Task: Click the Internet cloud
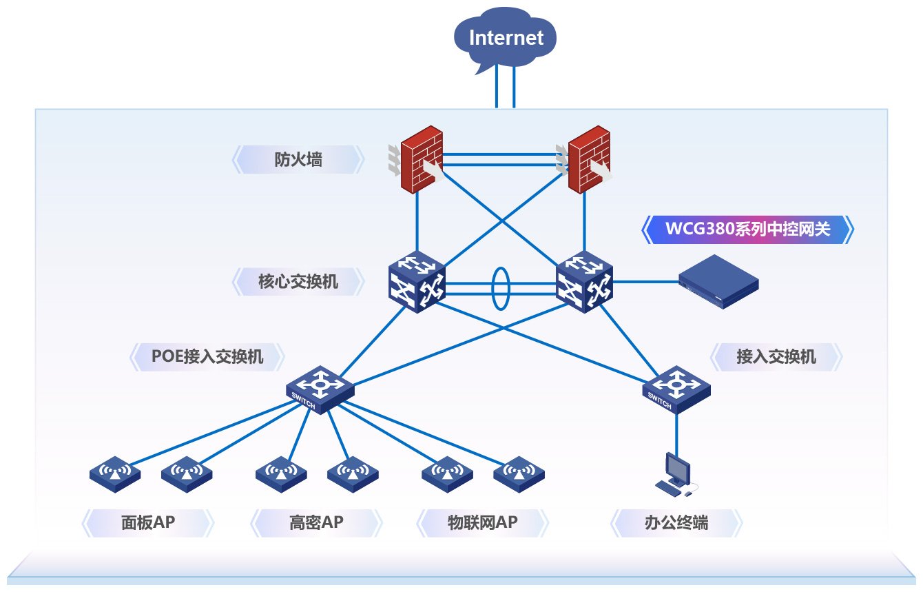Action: click(506, 37)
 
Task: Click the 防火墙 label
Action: click(298, 160)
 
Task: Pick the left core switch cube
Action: click(417, 283)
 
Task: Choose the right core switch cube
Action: click(584, 283)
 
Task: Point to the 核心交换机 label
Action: click(298, 281)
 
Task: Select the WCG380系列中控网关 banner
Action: click(747, 229)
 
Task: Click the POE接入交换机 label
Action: click(207, 356)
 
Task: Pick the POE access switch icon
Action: click(320, 389)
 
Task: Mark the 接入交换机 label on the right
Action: click(776, 356)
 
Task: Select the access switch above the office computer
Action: click(676, 389)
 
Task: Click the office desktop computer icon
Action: click(674, 475)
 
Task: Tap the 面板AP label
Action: click(147, 523)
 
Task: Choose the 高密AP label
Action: click(315, 523)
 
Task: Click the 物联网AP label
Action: click(481, 523)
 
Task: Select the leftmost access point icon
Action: click(115, 473)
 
